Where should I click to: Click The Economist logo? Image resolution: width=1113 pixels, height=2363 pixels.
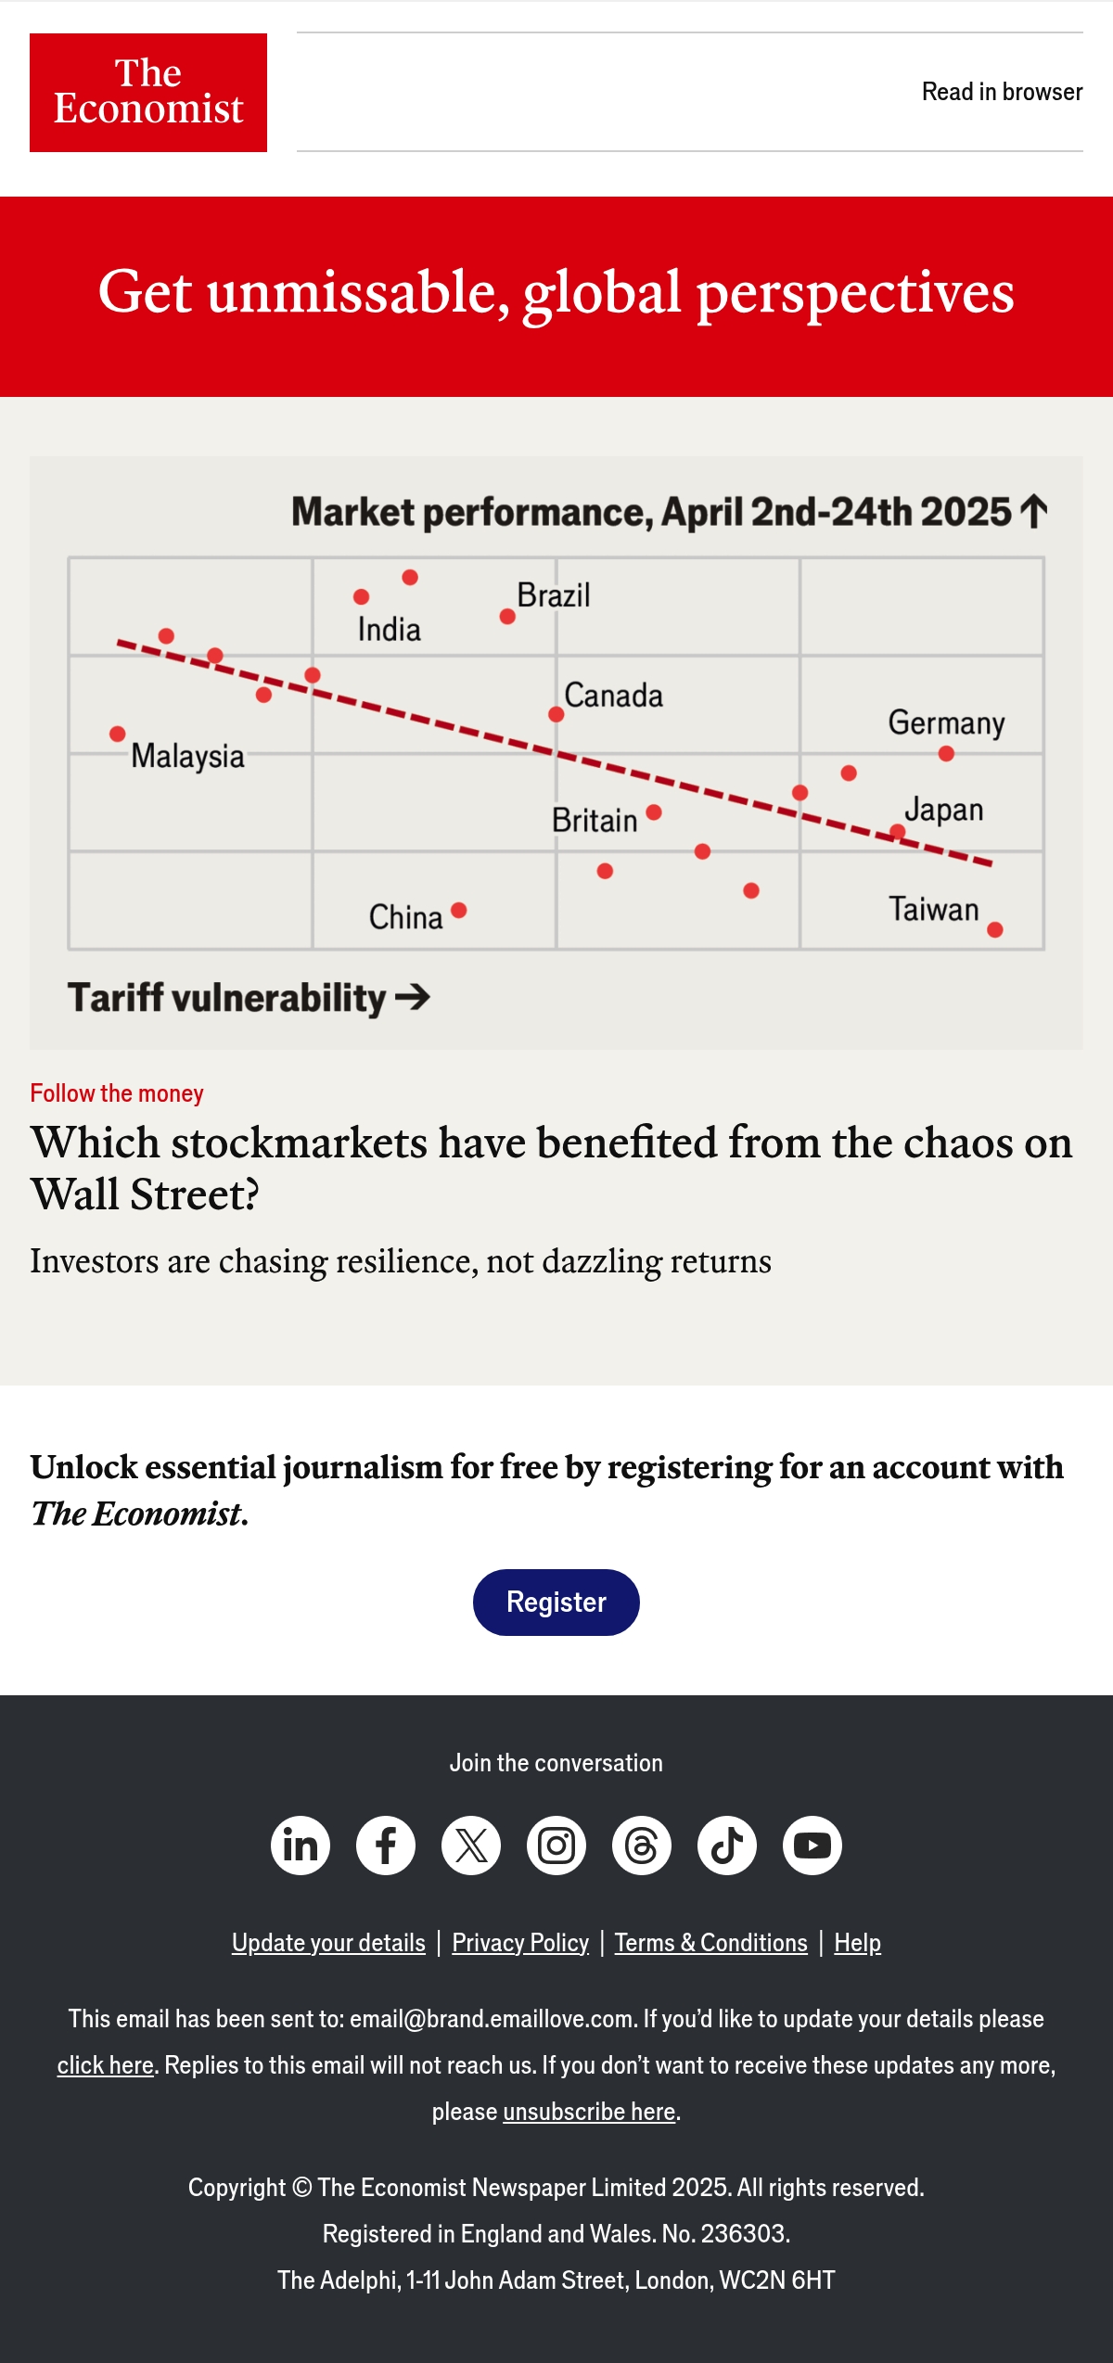click(148, 93)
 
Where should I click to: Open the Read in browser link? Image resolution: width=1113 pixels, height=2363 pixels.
click(1002, 92)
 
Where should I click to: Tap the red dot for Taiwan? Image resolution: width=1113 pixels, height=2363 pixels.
click(995, 929)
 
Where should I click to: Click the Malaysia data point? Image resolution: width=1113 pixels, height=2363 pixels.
click(117, 734)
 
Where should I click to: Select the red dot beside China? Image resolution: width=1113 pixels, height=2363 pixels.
click(458, 910)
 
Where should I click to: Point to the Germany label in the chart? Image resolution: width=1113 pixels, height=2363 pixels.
click(946, 722)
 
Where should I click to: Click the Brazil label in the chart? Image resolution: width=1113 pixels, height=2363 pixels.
click(554, 594)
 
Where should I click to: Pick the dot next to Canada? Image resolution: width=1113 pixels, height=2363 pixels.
click(556, 714)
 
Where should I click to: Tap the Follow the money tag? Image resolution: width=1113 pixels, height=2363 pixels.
click(117, 1093)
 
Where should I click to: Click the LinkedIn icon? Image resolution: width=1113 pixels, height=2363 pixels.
click(301, 1845)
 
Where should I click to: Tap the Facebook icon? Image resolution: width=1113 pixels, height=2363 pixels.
click(386, 1845)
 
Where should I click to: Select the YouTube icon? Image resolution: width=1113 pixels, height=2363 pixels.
click(812, 1845)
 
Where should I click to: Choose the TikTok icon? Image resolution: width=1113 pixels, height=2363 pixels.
click(727, 1845)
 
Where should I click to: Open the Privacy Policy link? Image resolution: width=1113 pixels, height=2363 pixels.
click(520, 1942)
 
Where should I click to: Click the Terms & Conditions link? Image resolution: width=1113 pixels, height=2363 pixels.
click(711, 1942)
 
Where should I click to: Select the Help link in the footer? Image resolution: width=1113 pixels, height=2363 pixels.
click(857, 1942)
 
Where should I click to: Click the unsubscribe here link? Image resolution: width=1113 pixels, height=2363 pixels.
click(589, 2111)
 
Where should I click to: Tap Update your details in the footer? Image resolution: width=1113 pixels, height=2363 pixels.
click(328, 1942)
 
